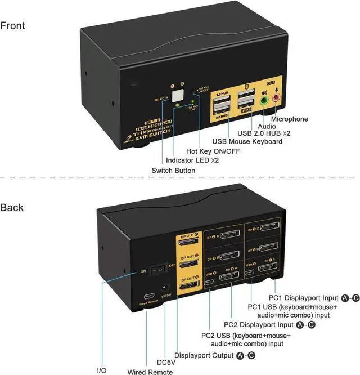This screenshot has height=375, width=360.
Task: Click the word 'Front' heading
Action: click(12, 25)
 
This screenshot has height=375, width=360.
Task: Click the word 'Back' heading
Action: click(12, 207)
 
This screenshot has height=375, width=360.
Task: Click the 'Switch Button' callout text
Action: click(173, 170)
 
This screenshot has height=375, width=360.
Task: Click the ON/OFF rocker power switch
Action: click(161, 269)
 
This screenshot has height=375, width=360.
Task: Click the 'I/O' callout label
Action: click(101, 370)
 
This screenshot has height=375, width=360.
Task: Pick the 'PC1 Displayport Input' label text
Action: click(309, 297)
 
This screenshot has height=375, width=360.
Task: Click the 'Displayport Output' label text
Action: click(205, 355)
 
